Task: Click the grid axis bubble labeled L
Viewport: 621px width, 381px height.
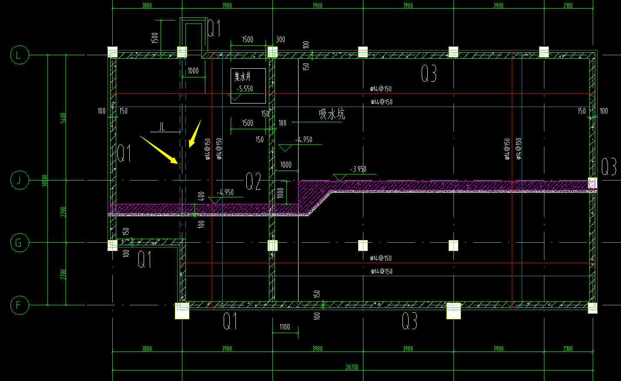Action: click(x=19, y=55)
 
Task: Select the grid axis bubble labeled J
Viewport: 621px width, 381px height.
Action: click(x=19, y=180)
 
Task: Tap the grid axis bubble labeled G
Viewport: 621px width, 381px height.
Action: click(x=19, y=243)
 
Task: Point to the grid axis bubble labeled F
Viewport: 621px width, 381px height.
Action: click(x=19, y=305)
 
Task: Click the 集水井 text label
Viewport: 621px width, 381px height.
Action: click(x=243, y=77)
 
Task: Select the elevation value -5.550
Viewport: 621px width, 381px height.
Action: click(x=245, y=89)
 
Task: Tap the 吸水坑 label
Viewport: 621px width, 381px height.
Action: click(x=332, y=114)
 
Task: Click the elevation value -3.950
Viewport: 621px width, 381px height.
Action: click(x=358, y=169)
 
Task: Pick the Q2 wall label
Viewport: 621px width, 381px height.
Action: click(x=253, y=181)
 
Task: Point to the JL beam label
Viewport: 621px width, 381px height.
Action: click(x=162, y=127)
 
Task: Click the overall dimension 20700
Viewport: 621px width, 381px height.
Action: click(x=352, y=368)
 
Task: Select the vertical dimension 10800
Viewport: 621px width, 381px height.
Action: click(x=45, y=180)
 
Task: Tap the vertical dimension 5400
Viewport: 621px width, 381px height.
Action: click(x=64, y=118)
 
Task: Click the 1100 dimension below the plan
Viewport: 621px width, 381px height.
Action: click(x=285, y=327)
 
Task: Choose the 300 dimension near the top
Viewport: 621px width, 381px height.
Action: click(x=281, y=40)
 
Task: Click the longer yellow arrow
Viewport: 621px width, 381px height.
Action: click(x=159, y=150)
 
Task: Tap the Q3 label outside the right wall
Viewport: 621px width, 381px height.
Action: click(x=608, y=167)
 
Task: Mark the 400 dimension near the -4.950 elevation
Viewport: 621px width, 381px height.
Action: click(x=201, y=196)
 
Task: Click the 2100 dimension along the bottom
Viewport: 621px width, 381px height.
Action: click(x=567, y=349)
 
